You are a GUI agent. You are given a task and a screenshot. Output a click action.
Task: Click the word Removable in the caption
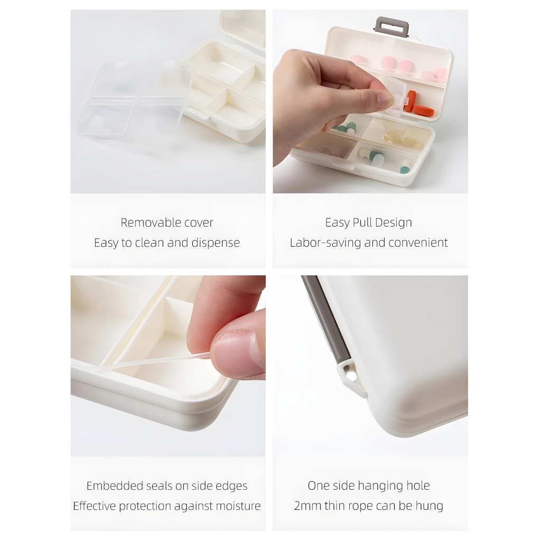point(147,222)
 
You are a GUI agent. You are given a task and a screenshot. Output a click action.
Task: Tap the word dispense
point(216,243)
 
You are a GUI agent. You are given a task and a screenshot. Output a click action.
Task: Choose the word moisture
point(238,506)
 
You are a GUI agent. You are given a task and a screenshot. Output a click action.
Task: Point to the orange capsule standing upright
point(411,101)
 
